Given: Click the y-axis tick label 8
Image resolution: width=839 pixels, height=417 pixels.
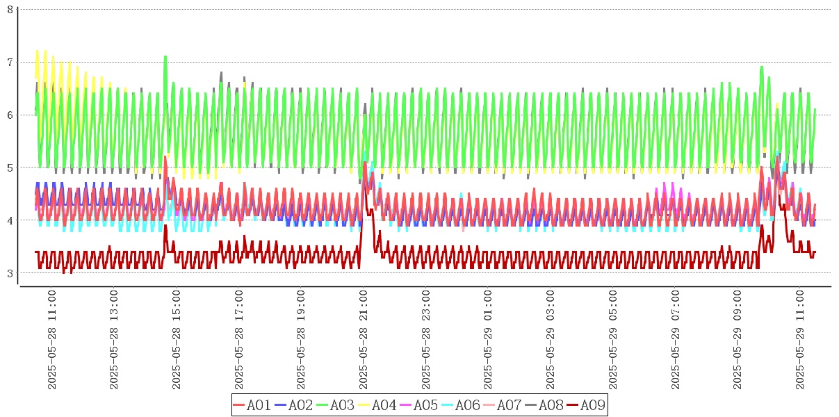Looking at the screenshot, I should click(x=10, y=10).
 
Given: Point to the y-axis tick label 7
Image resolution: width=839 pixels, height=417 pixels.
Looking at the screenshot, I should click(x=10, y=63).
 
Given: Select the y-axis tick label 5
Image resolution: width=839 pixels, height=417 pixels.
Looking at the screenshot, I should click(x=10, y=167).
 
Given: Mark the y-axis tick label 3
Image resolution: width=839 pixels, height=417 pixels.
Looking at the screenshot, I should click(x=10, y=272).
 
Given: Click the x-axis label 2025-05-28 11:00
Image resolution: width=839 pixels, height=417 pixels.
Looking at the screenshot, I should click(x=51, y=341).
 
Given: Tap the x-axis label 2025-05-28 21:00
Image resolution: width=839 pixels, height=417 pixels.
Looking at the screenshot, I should click(x=364, y=341).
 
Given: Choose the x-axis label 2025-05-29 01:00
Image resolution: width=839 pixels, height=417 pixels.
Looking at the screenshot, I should click(x=488, y=341).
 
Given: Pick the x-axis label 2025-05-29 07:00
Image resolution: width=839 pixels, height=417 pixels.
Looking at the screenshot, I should click(x=676, y=341).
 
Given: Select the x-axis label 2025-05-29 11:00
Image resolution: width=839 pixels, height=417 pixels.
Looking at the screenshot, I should click(x=800, y=341).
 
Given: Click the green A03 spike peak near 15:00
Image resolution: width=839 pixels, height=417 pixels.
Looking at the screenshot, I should click(x=165, y=57).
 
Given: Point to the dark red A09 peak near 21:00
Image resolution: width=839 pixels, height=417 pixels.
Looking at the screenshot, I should click(x=365, y=163).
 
